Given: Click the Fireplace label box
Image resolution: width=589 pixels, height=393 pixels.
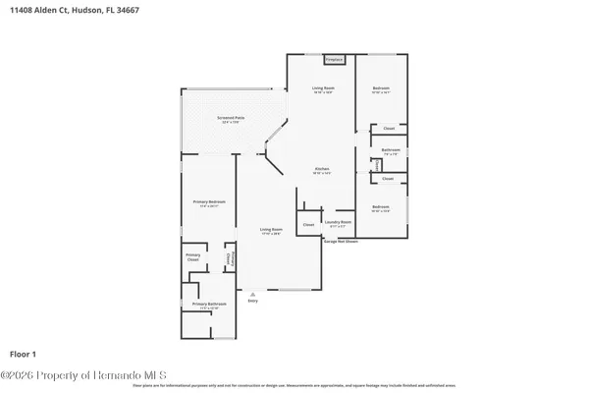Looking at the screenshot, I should coord(334,59).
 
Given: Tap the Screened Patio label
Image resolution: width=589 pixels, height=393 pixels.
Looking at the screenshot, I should coord(232,119).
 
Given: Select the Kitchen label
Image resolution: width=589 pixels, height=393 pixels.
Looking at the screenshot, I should coord(321,170).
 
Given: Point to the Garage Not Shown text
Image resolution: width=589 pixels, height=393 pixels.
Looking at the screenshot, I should coord(341,241).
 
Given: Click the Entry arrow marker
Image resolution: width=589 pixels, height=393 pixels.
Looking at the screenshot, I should coord(252,293).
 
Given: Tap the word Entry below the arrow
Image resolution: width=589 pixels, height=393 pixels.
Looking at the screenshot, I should coord(252,301).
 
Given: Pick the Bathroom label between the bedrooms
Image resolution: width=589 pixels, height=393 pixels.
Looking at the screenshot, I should coord(390,150).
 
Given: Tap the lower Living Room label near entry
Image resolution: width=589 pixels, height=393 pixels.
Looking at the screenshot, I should coord(271,230).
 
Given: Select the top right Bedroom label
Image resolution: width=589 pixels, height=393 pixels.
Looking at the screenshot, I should coord(381,89).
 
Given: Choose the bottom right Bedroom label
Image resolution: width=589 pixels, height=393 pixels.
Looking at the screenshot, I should coord(381,207).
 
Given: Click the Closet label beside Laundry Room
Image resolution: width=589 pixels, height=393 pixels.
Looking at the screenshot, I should coord(308,225).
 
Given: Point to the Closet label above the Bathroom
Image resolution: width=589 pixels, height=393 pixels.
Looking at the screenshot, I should coord(389,129).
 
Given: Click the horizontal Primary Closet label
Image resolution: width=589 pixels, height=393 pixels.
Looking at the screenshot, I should coord(192,257).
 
